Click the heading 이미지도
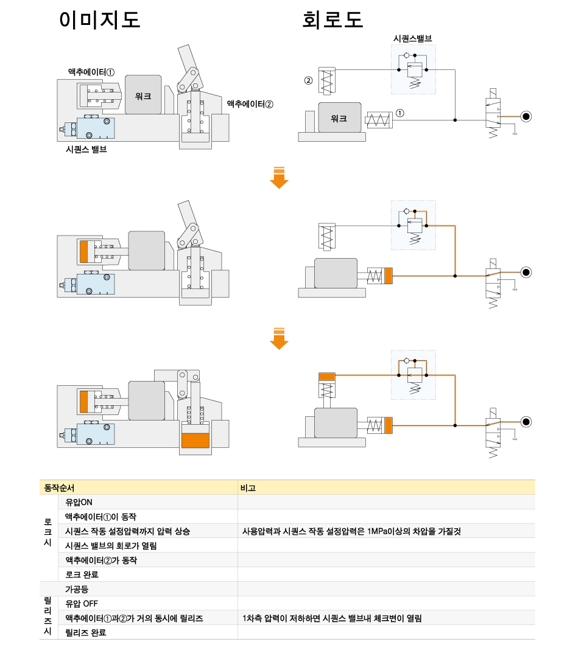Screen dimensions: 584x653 (100, 19)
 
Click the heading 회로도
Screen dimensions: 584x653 (332, 19)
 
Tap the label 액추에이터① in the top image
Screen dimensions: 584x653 (91, 72)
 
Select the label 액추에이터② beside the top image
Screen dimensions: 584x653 (250, 104)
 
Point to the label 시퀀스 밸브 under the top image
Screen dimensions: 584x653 (86, 149)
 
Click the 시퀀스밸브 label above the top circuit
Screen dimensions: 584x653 (413, 39)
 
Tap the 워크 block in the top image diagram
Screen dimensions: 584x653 (143, 94)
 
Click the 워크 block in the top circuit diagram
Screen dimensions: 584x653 (339, 117)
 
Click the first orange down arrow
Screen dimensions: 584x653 (279, 178)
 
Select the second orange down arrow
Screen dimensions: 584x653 (279, 338)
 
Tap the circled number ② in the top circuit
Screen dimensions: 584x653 (309, 80)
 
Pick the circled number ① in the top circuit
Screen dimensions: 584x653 (399, 113)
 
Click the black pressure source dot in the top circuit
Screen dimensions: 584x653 (526, 117)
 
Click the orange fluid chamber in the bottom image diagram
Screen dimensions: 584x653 (195, 440)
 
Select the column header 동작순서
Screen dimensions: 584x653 (59, 487)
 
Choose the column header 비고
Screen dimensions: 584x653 (248, 487)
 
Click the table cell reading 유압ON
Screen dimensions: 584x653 (79, 502)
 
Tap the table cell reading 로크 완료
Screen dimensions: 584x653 (82, 574)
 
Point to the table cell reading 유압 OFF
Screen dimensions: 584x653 (82, 604)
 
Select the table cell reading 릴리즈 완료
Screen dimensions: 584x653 (86, 632)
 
